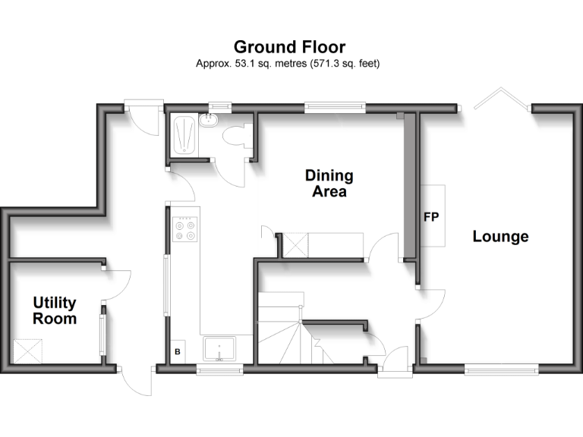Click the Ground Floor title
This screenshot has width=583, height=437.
click(288, 48)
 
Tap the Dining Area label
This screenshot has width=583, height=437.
click(329, 184)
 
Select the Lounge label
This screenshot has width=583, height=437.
click(500, 237)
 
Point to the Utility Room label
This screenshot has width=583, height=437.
click(54, 311)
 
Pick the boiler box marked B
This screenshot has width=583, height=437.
click(178, 351)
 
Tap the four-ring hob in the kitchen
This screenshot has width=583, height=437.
click(184, 228)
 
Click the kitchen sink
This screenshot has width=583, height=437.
click(219, 349)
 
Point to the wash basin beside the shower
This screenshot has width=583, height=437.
click(209, 120)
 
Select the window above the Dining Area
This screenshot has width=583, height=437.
click(335, 108)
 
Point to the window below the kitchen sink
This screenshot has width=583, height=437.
click(219, 369)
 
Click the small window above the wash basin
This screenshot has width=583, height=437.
click(221, 108)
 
